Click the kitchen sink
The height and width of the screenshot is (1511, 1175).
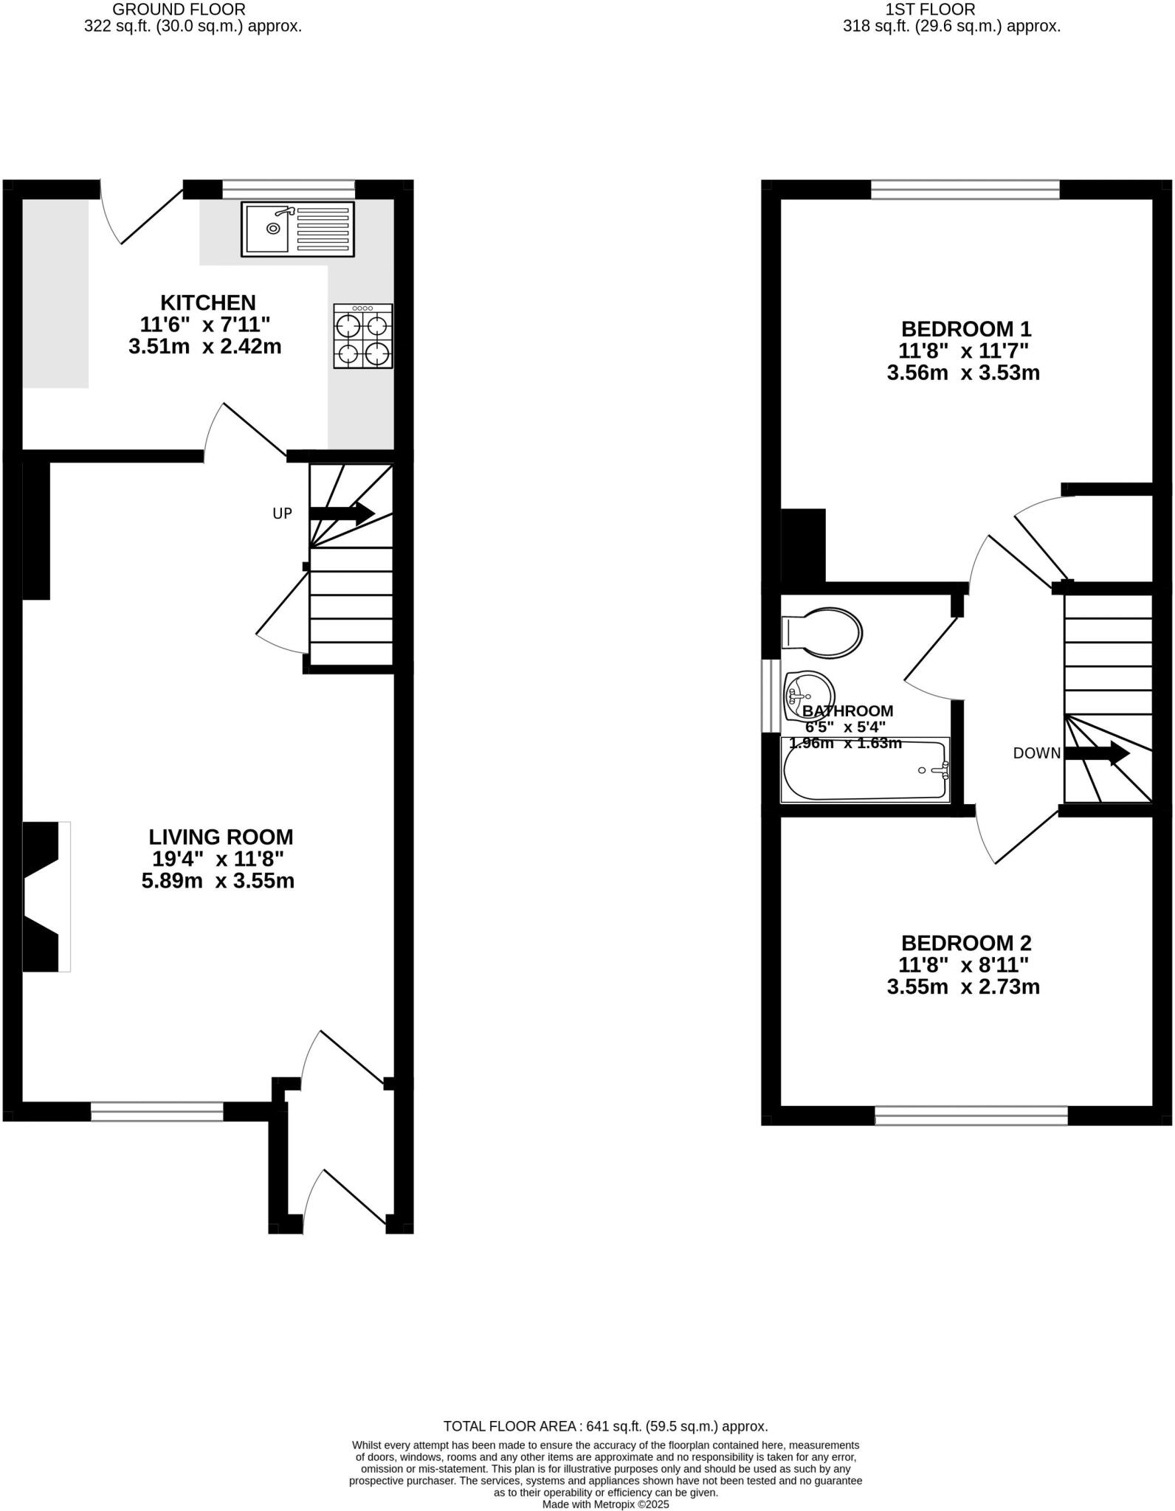pos(297,229)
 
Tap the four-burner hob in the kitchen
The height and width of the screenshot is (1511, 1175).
pos(363,336)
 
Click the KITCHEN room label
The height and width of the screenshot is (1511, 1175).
pos(208,302)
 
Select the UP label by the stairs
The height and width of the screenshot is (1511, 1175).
pos(283,514)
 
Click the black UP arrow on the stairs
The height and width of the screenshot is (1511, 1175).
pos(343,514)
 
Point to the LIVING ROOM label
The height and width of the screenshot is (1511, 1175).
pos(221,837)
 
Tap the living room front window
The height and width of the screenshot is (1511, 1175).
pos(157,1111)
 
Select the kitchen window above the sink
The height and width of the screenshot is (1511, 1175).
pos(289,190)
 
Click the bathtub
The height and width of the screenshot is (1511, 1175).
pos(865,771)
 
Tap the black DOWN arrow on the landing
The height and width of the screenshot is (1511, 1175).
pos(1098,753)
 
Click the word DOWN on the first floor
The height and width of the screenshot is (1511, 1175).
pos(1036,753)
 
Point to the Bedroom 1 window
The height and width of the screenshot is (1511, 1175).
pos(965,190)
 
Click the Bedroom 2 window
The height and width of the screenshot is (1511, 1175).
pos(971,1115)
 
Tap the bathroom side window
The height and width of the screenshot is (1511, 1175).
pos(771,696)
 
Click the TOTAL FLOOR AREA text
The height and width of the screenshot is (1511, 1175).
pos(605,1426)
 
